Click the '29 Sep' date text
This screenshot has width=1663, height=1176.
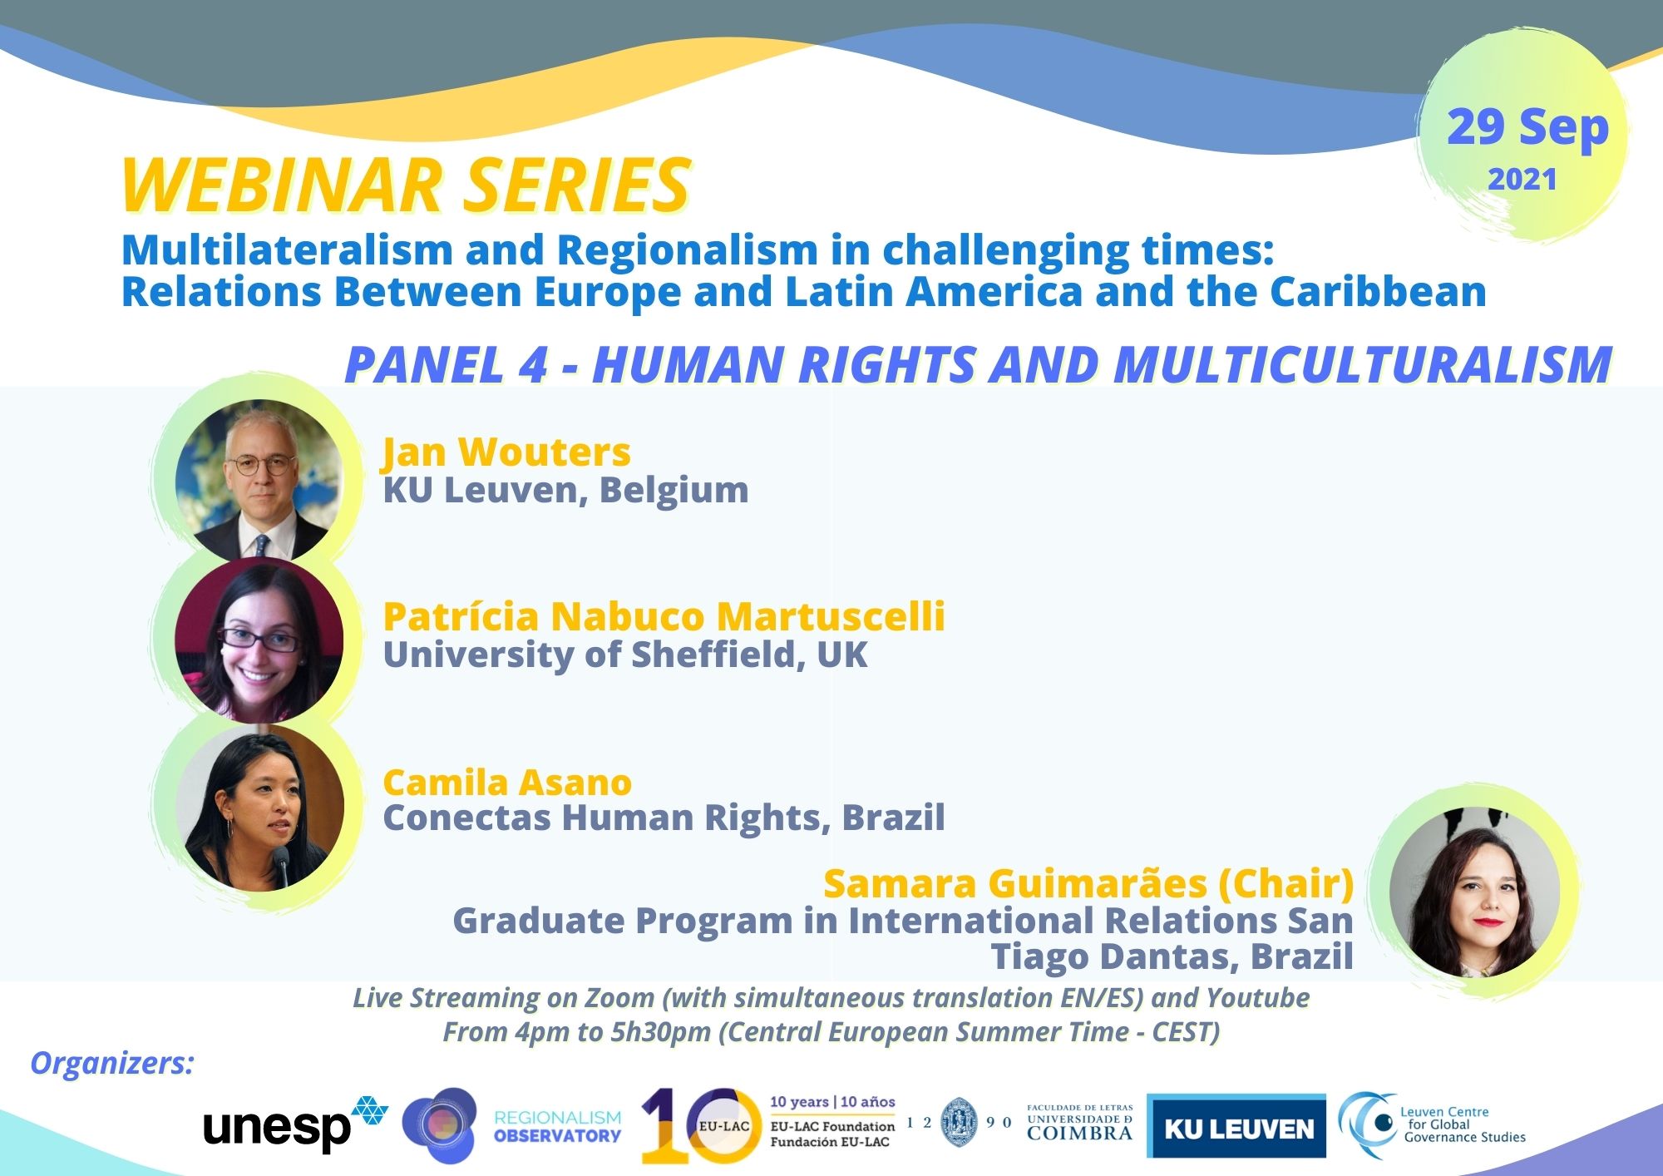coord(1527,129)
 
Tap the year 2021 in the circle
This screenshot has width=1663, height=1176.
coord(1522,180)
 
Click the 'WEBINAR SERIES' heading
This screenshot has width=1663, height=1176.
coord(406,185)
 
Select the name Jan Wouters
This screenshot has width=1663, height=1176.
coord(506,452)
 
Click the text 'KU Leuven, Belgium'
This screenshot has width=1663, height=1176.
coord(565,490)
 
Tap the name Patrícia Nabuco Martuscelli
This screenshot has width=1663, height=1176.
coord(664,616)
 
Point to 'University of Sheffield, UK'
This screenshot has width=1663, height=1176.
coord(625,655)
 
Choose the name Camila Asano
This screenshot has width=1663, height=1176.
coord(507,783)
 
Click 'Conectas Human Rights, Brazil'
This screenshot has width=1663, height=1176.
coord(664,818)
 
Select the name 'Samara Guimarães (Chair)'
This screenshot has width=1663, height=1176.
coord(1088,883)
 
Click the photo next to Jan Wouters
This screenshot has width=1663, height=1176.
coord(259,480)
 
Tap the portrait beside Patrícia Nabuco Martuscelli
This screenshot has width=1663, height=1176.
coord(259,640)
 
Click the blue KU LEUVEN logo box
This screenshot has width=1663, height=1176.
coord(1236,1126)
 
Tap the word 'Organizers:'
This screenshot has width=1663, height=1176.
coord(111,1063)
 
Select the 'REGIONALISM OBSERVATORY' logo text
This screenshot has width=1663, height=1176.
coord(558,1126)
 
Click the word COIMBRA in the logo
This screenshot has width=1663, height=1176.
coord(1079,1132)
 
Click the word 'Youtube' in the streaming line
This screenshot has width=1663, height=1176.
coord(1258,997)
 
